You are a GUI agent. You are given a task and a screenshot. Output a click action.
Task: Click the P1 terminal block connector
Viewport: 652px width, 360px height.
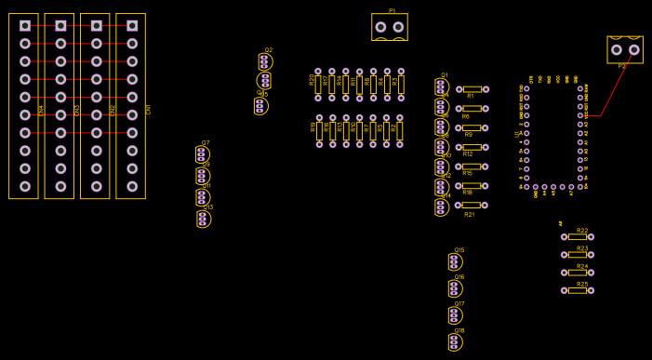pos(390,27)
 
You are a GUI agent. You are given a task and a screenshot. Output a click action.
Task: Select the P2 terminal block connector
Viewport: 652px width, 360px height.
pos(625,49)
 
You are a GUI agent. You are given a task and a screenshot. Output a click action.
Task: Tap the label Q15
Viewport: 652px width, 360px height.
pos(459,250)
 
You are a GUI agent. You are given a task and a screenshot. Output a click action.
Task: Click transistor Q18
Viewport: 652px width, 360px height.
pos(455,342)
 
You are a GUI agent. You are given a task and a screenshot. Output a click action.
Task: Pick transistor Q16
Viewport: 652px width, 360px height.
pos(455,288)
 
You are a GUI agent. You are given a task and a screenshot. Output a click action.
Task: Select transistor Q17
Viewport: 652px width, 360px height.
pos(455,315)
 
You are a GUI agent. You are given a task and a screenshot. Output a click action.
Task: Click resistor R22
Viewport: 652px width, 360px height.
pos(578,237)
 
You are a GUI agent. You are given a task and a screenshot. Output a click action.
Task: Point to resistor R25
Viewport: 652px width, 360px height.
pos(578,290)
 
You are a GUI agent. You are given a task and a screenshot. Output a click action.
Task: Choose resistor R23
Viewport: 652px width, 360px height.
pos(578,255)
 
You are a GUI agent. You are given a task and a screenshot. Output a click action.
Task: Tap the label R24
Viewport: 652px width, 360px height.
pos(582,266)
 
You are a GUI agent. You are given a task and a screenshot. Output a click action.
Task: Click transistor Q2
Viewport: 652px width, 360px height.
pos(265,61)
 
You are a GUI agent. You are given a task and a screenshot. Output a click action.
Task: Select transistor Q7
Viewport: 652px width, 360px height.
pos(202,154)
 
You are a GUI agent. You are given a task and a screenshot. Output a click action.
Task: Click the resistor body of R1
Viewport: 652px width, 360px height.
pos(472,89)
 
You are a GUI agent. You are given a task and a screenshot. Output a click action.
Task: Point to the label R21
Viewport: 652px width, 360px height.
pos(470,214)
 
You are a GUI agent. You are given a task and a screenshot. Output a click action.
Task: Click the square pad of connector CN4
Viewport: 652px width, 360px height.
pos(24,26)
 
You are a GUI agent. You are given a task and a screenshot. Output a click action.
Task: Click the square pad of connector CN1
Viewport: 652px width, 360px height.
pos(132,26)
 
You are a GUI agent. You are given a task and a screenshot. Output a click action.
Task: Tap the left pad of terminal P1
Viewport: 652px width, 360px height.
pos(380,27)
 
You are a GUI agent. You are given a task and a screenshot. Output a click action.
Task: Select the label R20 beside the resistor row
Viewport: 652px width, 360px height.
pos(312,80)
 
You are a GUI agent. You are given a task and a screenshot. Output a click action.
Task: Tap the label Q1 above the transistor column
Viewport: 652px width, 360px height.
pos(445,75)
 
